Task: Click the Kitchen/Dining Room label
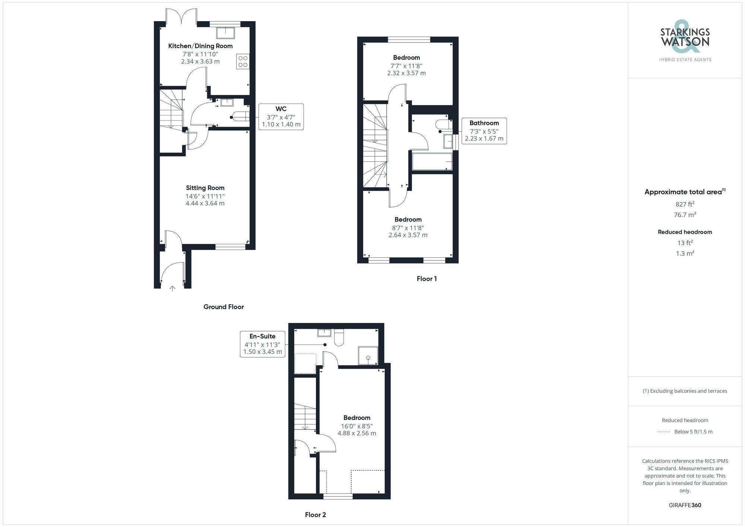[x=200, y=46]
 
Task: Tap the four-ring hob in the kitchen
[x=243, y=61]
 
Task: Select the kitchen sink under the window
[x=225, y=33]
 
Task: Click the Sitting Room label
[x=205, y=188]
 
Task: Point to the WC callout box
[x=281, y=117]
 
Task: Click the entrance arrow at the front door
[x=172, y=288]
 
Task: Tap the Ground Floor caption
[x=223, y=307]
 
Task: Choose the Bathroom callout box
[x=484, y=131]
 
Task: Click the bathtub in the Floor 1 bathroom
[x=432, y=161]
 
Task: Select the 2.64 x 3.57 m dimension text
[x=408, y=235]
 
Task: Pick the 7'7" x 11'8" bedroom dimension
[x=406, y=66]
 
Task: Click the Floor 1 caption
[x=427, y=279]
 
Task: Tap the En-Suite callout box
[x=263, y=344]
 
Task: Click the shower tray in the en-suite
[x=368, y=356]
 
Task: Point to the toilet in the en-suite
[x=339, y=337]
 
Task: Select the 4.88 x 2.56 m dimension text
[x=357, y=434]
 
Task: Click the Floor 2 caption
[x=316, y=515]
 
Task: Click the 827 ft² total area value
[x=685, y=204]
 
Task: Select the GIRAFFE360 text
[x=685, y=505]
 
